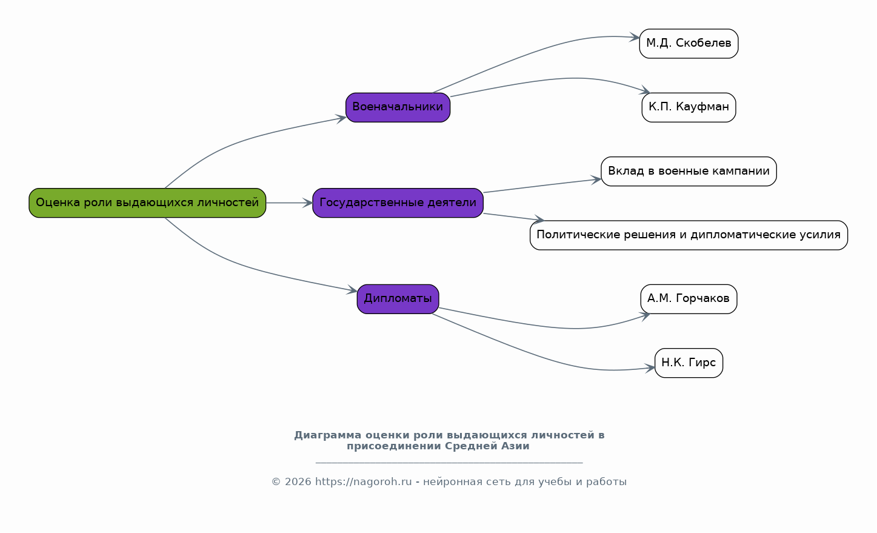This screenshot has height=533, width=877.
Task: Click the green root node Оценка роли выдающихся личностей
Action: (x=147, y=203)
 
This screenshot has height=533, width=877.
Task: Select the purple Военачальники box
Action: (x=398, y=107)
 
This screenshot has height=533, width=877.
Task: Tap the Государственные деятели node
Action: (x=398, y=203)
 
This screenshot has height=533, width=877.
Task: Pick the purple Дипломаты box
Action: (x=398, y=299)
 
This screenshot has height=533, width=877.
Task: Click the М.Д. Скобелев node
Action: (x=689, y=44)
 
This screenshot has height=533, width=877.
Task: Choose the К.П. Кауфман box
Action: (x=689, y=107)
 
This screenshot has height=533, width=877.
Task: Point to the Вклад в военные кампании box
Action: (x=689, y=172)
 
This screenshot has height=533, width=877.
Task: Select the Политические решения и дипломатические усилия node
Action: (x=689, y=235)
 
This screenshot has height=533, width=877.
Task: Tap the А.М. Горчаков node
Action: (x=689, y=299)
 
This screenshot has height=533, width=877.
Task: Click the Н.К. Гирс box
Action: (x=689, y=363)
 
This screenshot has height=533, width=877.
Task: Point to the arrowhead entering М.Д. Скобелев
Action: (x=634, y=38)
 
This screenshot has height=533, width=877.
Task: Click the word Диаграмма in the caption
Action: (x=328, y=435)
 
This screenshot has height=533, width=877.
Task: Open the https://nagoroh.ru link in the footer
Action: (x=363, y=481)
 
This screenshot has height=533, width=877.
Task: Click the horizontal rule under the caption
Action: (x=449, y=463)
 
